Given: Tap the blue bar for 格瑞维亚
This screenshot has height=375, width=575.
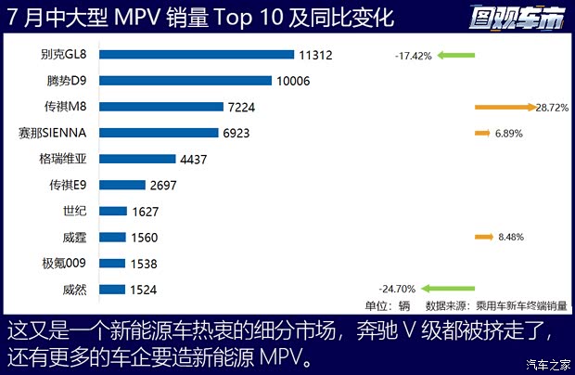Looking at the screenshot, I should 136,159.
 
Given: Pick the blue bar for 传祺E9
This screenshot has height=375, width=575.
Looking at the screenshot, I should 116,185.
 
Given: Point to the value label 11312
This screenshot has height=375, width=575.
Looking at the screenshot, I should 315,55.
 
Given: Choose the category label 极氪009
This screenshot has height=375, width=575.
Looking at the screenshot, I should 65,264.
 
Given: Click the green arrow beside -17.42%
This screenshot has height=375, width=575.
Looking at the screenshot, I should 457,56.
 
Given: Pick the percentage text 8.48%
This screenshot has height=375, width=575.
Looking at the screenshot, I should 511,238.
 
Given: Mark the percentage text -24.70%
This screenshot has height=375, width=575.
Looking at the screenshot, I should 397,290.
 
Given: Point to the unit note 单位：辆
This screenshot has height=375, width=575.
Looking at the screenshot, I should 387,305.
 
